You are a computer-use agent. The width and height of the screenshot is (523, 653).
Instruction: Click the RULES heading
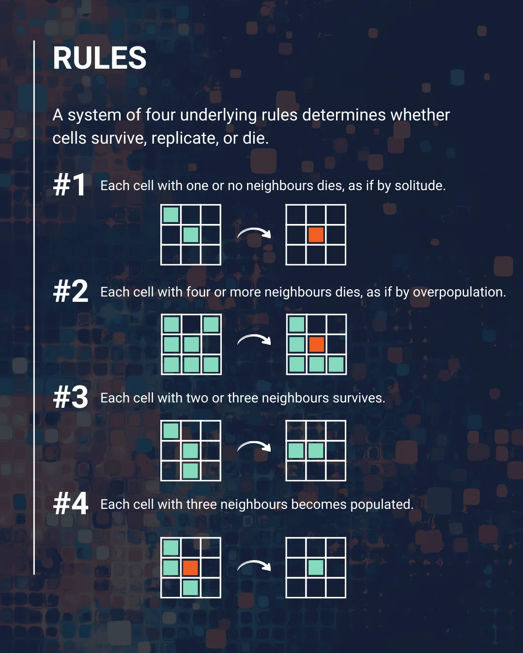[99, 58]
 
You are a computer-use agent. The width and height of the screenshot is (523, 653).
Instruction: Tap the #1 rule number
[70, 185]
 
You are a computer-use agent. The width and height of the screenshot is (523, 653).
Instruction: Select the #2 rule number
[71, 291]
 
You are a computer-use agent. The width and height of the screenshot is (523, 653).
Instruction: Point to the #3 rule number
[71, 397]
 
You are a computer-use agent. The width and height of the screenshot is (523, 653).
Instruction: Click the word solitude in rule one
[420, 185]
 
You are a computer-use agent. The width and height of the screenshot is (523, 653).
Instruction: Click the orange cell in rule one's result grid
[316, 235]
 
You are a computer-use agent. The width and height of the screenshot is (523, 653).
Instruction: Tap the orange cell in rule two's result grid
[317, 344]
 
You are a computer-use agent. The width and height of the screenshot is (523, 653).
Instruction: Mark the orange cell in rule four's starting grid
[190, 568]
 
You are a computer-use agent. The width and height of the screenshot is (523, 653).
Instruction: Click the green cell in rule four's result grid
[316, 568]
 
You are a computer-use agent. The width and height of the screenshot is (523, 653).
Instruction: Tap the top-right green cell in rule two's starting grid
[211, 325]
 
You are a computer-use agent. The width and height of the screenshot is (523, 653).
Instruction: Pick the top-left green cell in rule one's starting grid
[171, 215]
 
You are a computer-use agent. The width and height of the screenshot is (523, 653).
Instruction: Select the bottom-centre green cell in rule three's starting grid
[190, 471]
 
